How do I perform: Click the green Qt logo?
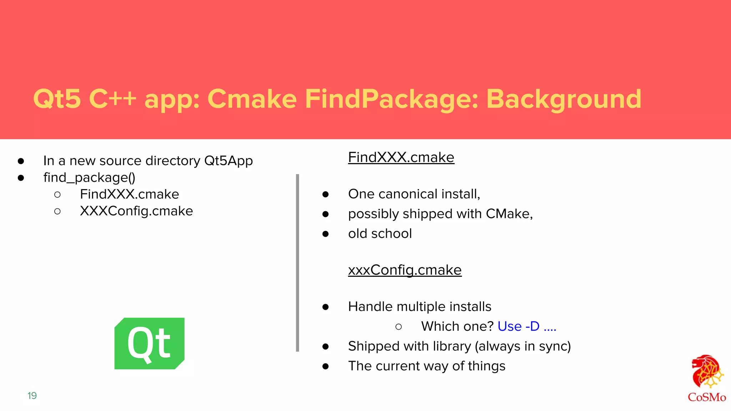149,343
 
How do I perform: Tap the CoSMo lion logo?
707,373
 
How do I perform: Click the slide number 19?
32,395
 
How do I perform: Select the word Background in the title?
564,99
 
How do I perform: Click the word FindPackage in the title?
391,99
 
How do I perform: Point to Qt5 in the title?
57,99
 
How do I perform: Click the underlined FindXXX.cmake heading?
401,157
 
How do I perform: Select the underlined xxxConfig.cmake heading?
404,270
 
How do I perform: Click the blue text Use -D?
518,326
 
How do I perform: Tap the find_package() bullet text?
89,177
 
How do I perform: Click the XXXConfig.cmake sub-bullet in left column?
136,211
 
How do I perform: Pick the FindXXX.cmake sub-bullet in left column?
129,194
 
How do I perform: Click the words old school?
380,233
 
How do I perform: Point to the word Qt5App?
228,161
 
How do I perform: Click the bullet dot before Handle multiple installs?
325,307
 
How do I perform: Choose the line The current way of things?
427,366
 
